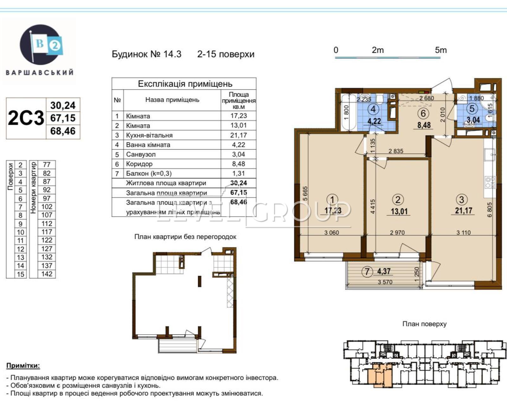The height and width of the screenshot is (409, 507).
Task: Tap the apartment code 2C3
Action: click(26, 118)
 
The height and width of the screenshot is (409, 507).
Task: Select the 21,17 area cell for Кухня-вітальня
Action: click(238, 135)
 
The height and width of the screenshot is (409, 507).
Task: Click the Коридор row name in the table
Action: click(139, 164)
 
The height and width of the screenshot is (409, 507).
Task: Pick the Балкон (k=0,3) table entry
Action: click(149, 173)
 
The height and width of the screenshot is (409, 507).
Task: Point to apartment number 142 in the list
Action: click(47, 274)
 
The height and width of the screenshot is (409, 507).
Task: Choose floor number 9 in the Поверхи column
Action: click(21, 224)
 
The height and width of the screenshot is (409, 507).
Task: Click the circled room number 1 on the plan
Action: click(332, 200)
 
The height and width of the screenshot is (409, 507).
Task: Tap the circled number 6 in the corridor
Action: click(423, 114)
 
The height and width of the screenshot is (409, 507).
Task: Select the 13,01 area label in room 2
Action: click(399, 211)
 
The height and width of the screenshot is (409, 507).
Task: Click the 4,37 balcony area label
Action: click(384, 271)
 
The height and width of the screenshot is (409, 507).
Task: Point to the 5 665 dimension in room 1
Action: click(305, 193)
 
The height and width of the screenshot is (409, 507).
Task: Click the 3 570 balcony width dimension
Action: click(385, 282)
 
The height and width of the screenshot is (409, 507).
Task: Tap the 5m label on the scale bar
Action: click(440, 50)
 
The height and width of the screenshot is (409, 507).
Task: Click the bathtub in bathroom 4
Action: click(349, 112)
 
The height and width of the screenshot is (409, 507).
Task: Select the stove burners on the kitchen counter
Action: click(490, 182)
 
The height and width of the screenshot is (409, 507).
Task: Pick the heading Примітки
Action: click(23, 366)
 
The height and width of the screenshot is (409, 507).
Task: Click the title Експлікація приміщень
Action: click(185, 84)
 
